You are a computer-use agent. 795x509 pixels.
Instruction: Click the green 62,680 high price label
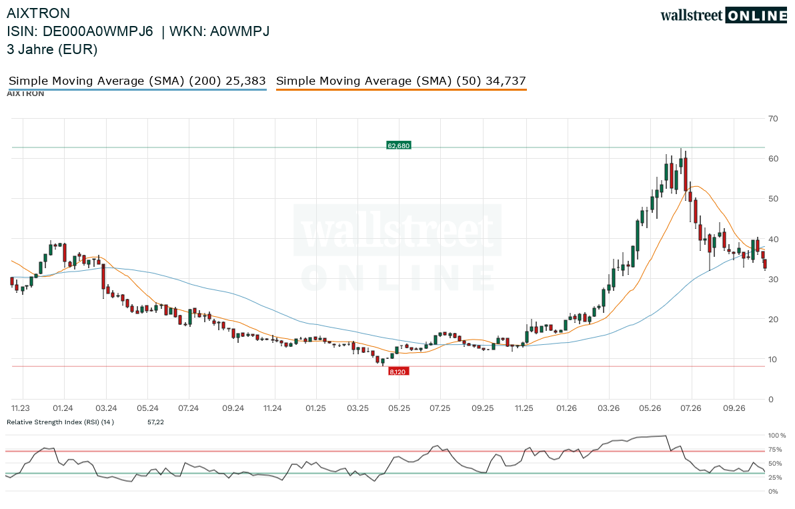pos(399,146)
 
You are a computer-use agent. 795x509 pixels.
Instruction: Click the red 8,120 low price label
pos(398,372)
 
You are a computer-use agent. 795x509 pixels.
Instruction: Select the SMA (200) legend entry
pos(137,81)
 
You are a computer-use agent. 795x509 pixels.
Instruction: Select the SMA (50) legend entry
pos(401,81)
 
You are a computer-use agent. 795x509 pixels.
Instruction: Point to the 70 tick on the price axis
pos(773,119)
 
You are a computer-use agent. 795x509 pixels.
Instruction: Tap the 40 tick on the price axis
pos(773,239)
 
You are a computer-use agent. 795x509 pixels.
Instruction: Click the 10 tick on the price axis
pos(773,360)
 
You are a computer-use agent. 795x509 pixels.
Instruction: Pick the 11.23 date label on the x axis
pos(21,408)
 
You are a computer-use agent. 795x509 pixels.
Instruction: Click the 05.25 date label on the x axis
pos(399,408)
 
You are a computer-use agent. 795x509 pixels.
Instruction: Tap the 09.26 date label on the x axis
pos(734,408)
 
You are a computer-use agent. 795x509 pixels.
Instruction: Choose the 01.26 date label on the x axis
pos(566,408)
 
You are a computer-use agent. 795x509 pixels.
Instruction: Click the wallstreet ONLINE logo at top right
pos(724,15)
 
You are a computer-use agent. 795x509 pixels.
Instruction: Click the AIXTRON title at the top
pos(38,13)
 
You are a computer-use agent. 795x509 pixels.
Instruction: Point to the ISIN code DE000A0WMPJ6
pos(98,31)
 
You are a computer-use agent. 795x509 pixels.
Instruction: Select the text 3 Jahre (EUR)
pos(52,49)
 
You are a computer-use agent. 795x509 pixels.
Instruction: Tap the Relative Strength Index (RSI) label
pos(60,422)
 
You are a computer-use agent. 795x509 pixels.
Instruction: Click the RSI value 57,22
pos(155,422)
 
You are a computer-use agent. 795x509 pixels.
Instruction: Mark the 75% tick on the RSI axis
pos(776,450)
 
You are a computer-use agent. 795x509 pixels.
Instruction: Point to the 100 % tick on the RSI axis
pos(777,436)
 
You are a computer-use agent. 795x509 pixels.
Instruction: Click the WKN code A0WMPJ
pos(240,31)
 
